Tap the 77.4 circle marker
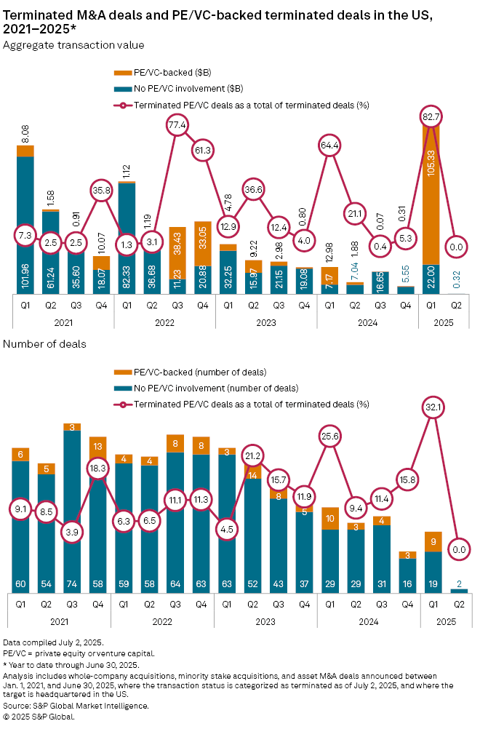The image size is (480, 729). coord(177,127)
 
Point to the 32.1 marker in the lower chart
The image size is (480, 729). coord(434,408)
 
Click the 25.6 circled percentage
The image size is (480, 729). coord(331,436)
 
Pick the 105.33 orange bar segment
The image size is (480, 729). coord(434,196)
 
